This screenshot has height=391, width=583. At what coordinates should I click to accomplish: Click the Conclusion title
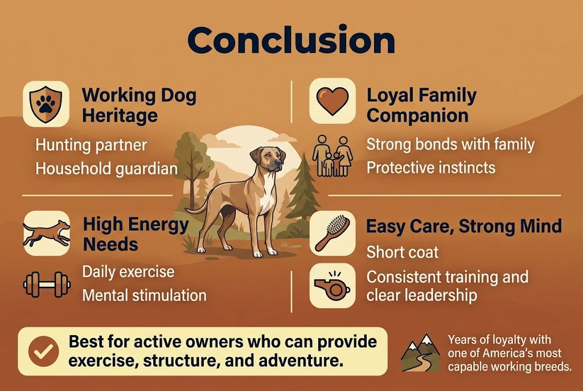point(291,41)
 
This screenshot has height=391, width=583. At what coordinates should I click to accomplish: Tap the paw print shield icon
point(46,104)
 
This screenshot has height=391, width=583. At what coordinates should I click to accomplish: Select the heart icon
point(332,101)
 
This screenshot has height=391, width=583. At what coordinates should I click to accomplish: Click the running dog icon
point(46,232)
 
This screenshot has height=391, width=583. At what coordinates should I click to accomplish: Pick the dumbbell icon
point(46,283)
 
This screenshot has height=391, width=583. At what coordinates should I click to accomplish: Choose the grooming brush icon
point(332,233)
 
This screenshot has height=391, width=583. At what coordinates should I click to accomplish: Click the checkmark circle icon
point(43,351)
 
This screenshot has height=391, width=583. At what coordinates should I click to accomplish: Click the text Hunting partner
point(91,145)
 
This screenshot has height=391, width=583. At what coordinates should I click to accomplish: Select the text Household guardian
point(106,169)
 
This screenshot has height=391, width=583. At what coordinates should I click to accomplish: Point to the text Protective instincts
point(430,168)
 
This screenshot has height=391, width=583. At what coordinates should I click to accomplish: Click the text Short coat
point(403,252)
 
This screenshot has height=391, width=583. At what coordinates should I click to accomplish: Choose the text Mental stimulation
point(144,295)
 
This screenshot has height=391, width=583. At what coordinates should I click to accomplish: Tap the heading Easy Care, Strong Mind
point(463,226)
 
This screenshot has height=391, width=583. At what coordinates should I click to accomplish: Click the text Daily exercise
point(128,271)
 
